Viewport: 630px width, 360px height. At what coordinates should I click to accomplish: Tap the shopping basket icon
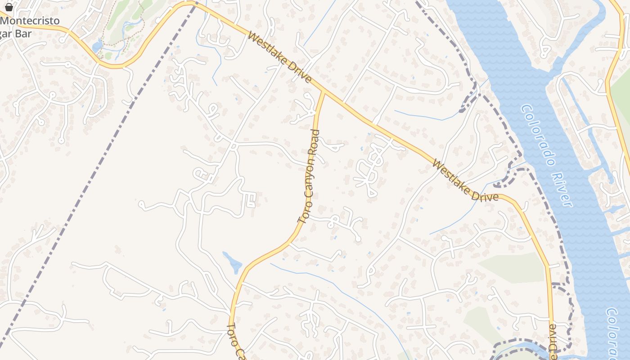pos(9,7)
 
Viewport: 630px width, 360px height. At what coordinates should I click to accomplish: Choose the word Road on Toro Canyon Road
pos(315,142)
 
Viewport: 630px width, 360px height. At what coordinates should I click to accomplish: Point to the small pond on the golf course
pos(97,46)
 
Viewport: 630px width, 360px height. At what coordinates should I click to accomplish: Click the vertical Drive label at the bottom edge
pos(553,340)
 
